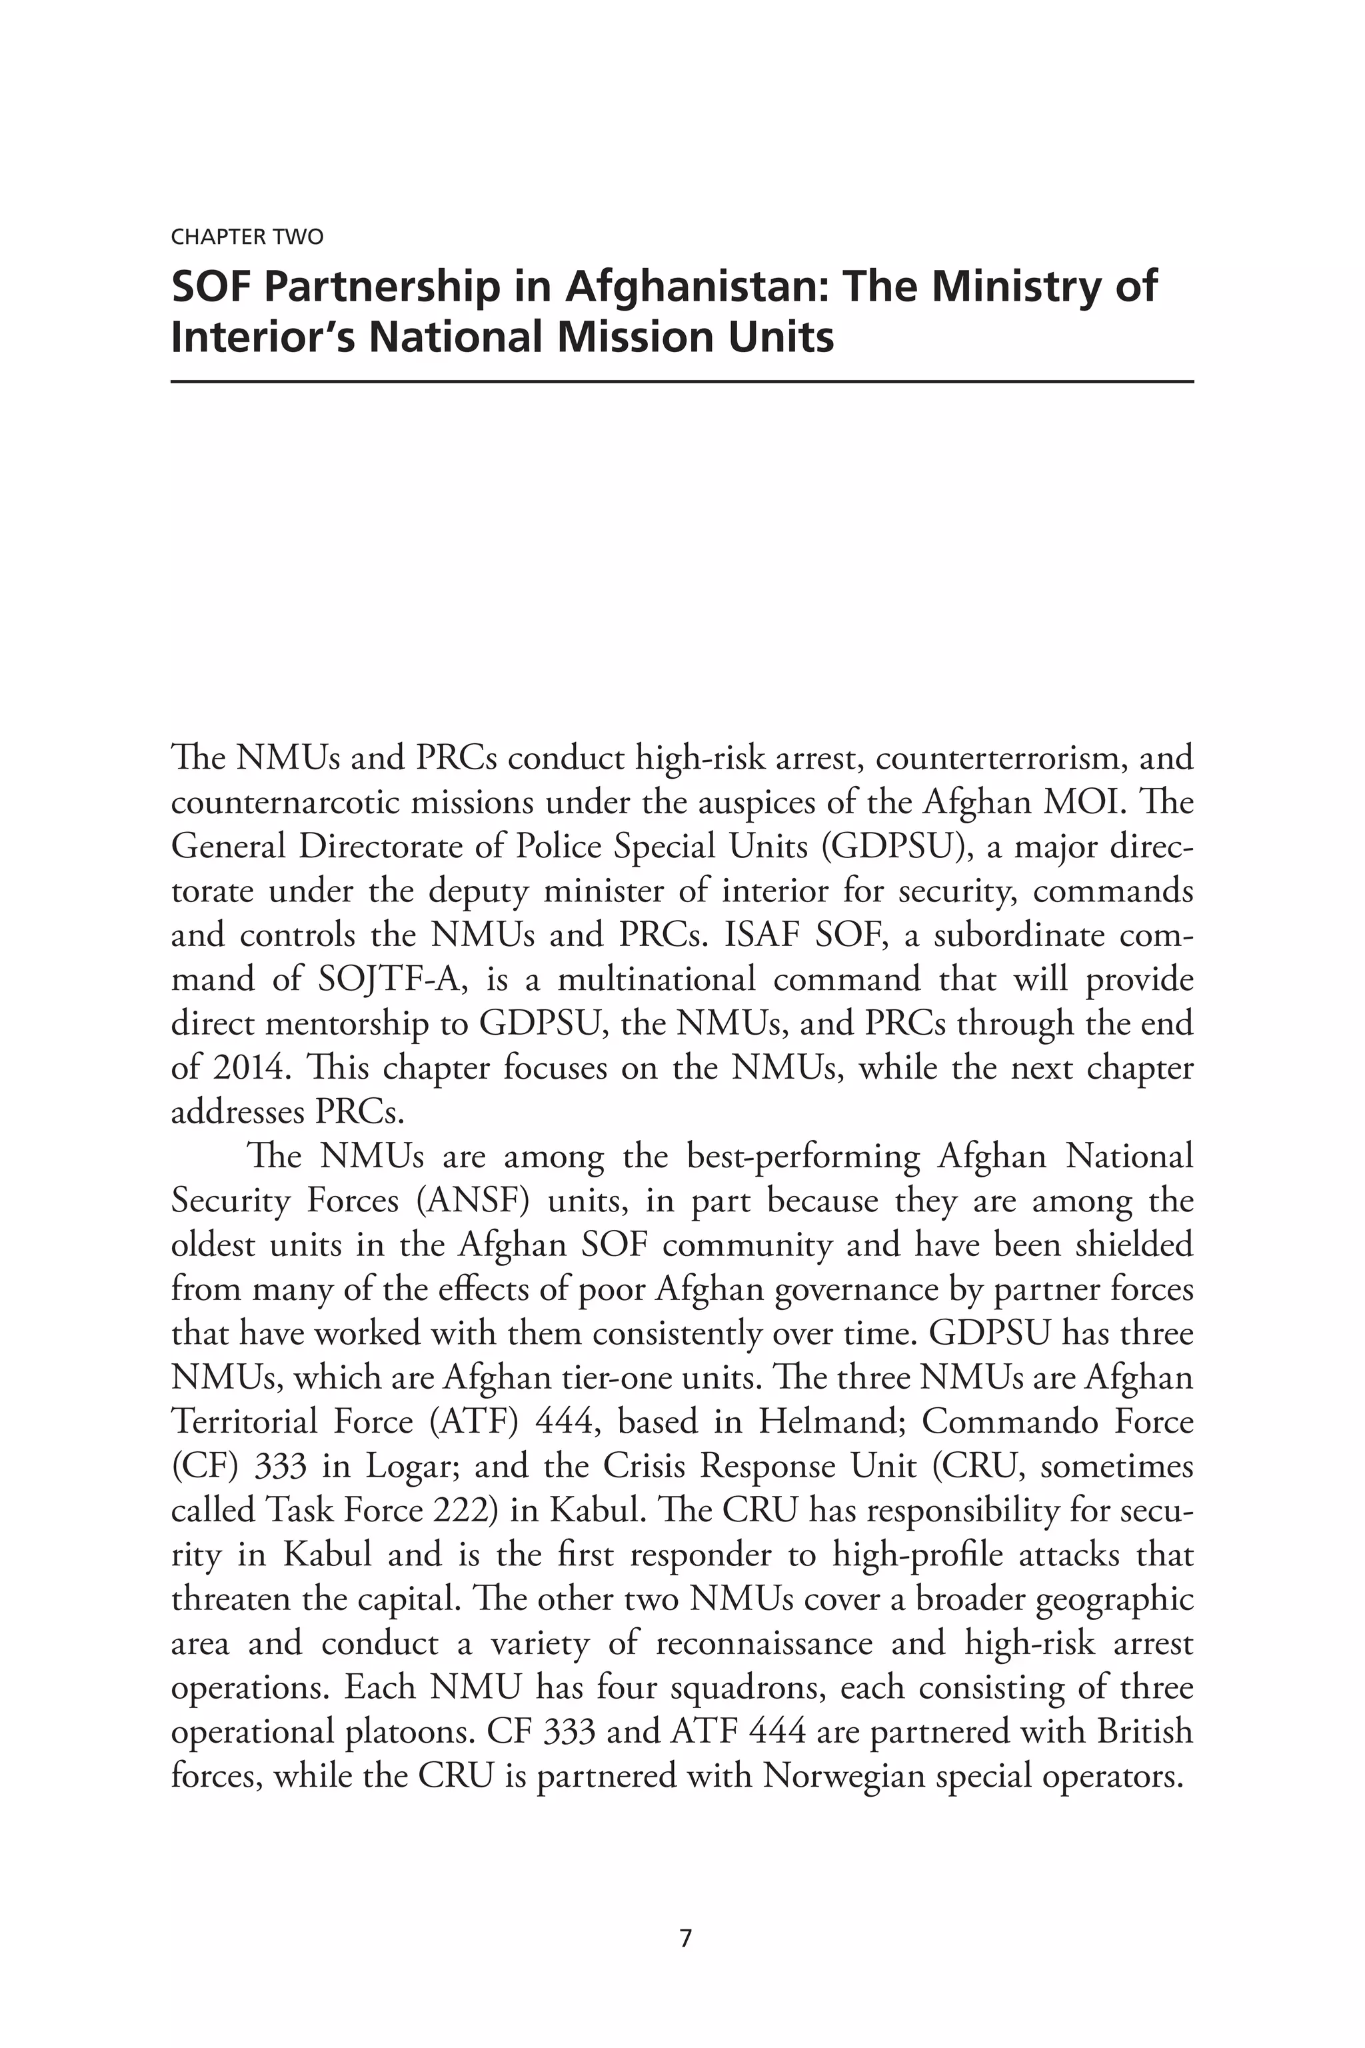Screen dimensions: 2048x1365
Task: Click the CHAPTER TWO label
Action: [x=247, y=237]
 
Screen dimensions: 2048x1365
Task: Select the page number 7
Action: [x=685, y=1938]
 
